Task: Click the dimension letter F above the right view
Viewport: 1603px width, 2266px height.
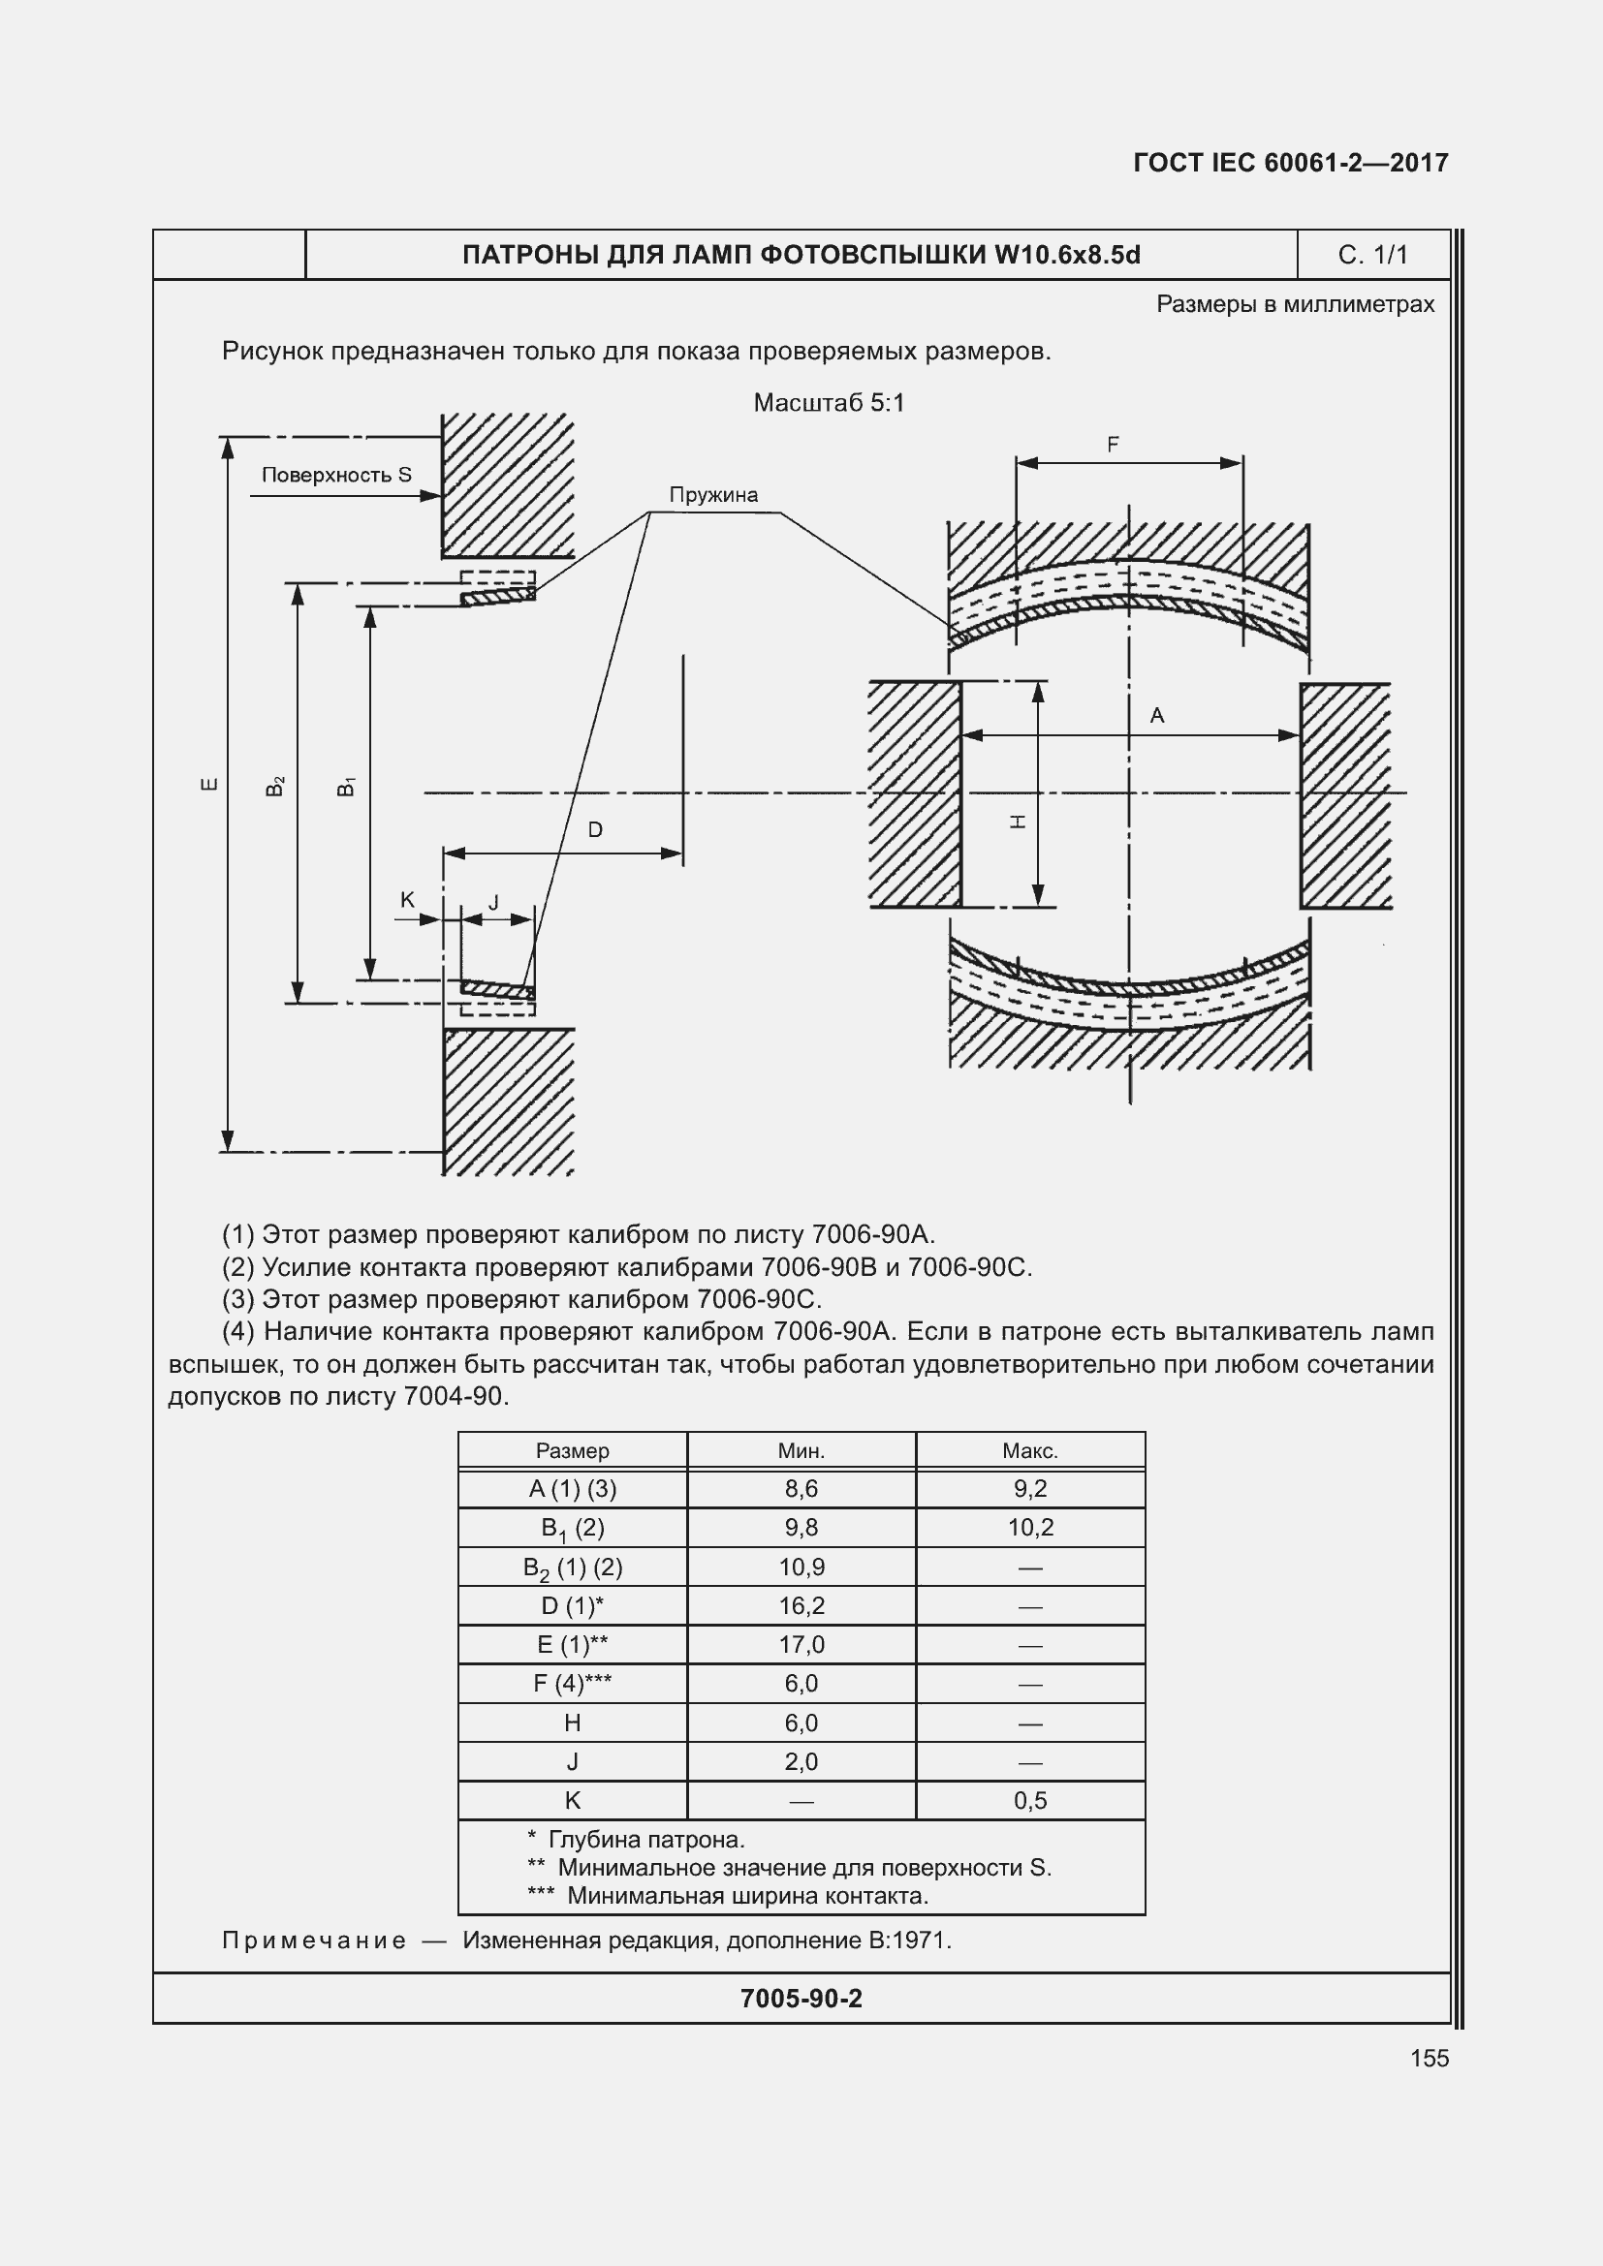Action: pos(1113,445)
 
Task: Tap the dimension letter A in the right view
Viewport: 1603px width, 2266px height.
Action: pos(1157,716)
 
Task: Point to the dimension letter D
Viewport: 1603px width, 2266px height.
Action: pos(595,830)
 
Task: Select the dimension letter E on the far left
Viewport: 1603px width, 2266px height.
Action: pos(209,785)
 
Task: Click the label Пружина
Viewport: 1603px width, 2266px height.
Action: pos(712,494)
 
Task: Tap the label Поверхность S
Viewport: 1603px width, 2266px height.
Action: pos(336,475)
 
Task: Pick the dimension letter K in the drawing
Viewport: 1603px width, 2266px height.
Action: pos(408,900)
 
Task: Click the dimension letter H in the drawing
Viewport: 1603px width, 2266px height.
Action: pos(1020,821)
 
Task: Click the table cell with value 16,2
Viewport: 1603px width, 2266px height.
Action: pos(801,1605)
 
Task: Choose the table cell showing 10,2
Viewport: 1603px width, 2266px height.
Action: pos(1029,1528)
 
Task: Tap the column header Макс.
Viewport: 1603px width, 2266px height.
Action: pos(1029,1451)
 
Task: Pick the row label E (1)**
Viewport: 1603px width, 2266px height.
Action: pos(573,1644)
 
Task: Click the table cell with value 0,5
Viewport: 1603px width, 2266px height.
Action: pos(1029,1800)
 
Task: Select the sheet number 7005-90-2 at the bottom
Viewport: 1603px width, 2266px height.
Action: pos(801,1999)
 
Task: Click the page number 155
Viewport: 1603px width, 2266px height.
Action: pos(1429,2058)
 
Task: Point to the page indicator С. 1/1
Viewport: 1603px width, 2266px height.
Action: pos(1372,255)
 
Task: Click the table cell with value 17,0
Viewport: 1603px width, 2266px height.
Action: pos(801,1644)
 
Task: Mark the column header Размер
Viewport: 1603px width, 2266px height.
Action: pos(573,1451)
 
